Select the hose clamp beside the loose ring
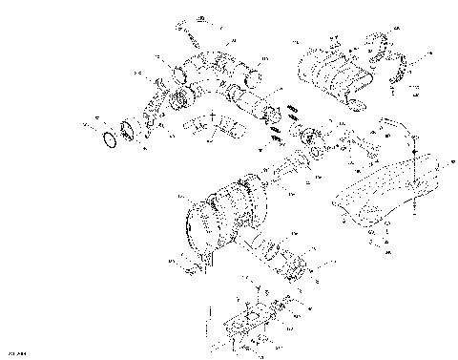pyautogui.click(x=131, y=131)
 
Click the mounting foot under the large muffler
pyautogui.click(x=202, y=258)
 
